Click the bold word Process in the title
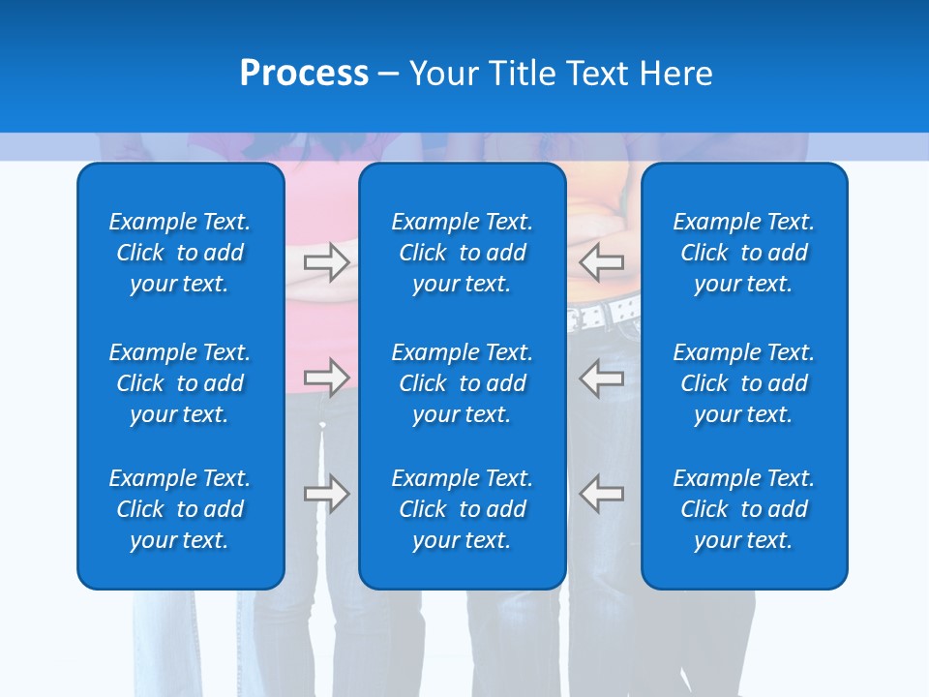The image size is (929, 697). click(x=304, y=74)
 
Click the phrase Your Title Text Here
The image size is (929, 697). click(x=560, y=74)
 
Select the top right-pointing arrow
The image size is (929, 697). click(x=326, y=261)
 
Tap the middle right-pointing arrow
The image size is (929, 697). click(x=326, y=377)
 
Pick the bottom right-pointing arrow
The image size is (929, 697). click(x=326, y=493)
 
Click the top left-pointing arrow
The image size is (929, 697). click(x=602, y=261)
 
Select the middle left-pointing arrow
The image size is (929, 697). click(x=602, y=377)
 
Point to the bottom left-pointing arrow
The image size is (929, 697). click(x=602, y=493)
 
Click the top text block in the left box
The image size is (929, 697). click(x=180, y=253)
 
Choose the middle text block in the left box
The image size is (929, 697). click(x=180, y=383)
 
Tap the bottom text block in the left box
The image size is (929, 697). click(x=180, y=509)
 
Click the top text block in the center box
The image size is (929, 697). click(x=462, y=253)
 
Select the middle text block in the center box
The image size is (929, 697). click(x=462, y=383)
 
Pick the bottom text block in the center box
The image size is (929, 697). click(x=462, y=509)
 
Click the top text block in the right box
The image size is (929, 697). click(x=743, y=253)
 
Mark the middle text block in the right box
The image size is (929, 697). click(x=743, y=383)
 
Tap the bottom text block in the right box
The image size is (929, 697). click(x=743, y=509)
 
